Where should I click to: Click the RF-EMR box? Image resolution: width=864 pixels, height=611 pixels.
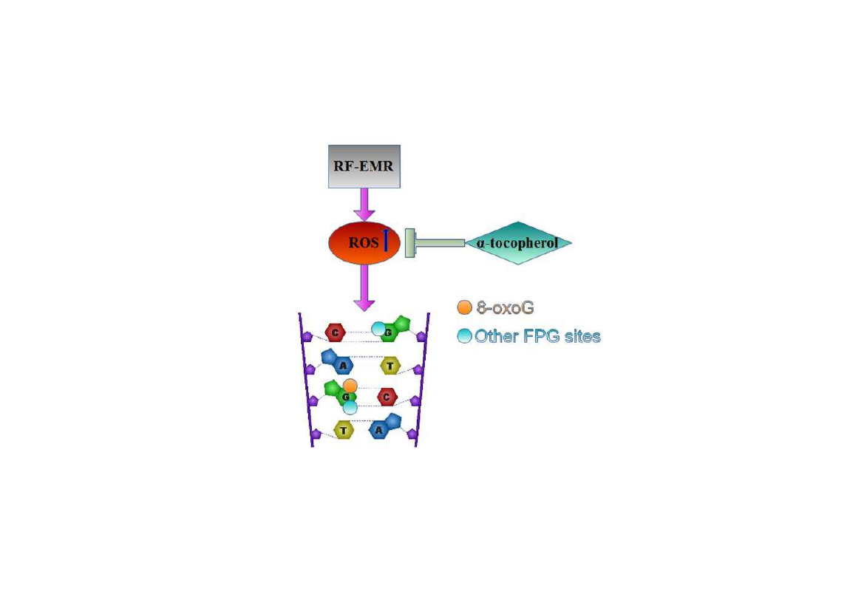pyautogui.click(x=364, y=166)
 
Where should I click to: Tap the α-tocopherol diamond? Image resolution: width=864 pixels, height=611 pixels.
pyautogui.click(x=518, y=242)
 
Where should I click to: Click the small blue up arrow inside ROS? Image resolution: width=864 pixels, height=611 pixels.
pyautogui.click(x=386, y=241)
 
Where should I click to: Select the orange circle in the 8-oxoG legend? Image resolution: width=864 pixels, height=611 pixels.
pyautogui.click(x=464, y=307)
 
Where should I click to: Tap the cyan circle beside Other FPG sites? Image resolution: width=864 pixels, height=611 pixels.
pyautogui.click(x=464, y=336)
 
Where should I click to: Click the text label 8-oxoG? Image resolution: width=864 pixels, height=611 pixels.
pyautogui.click(x=506, y=307)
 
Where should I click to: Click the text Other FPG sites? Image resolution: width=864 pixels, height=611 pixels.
pyautogui.click(x=537, y=336)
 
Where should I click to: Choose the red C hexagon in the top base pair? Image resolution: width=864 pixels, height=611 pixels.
pyautogui.click(x=336, y=332)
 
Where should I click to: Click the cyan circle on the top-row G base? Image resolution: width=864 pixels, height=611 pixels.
pyautogui.click(x=378, y=329)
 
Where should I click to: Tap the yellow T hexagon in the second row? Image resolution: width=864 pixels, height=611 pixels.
pyautogui.click(x=390, y=365)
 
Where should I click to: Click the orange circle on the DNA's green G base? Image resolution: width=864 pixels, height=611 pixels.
pyautogui.click(x=350, y=385)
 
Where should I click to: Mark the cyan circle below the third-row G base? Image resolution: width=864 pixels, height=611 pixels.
pyautogui.click(x=350, y=407)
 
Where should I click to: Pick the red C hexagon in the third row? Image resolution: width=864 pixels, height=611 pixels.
pyautogui.click(x=387, y=397)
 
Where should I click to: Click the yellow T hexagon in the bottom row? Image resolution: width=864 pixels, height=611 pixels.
pyautogui.click(x=343, y=429)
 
